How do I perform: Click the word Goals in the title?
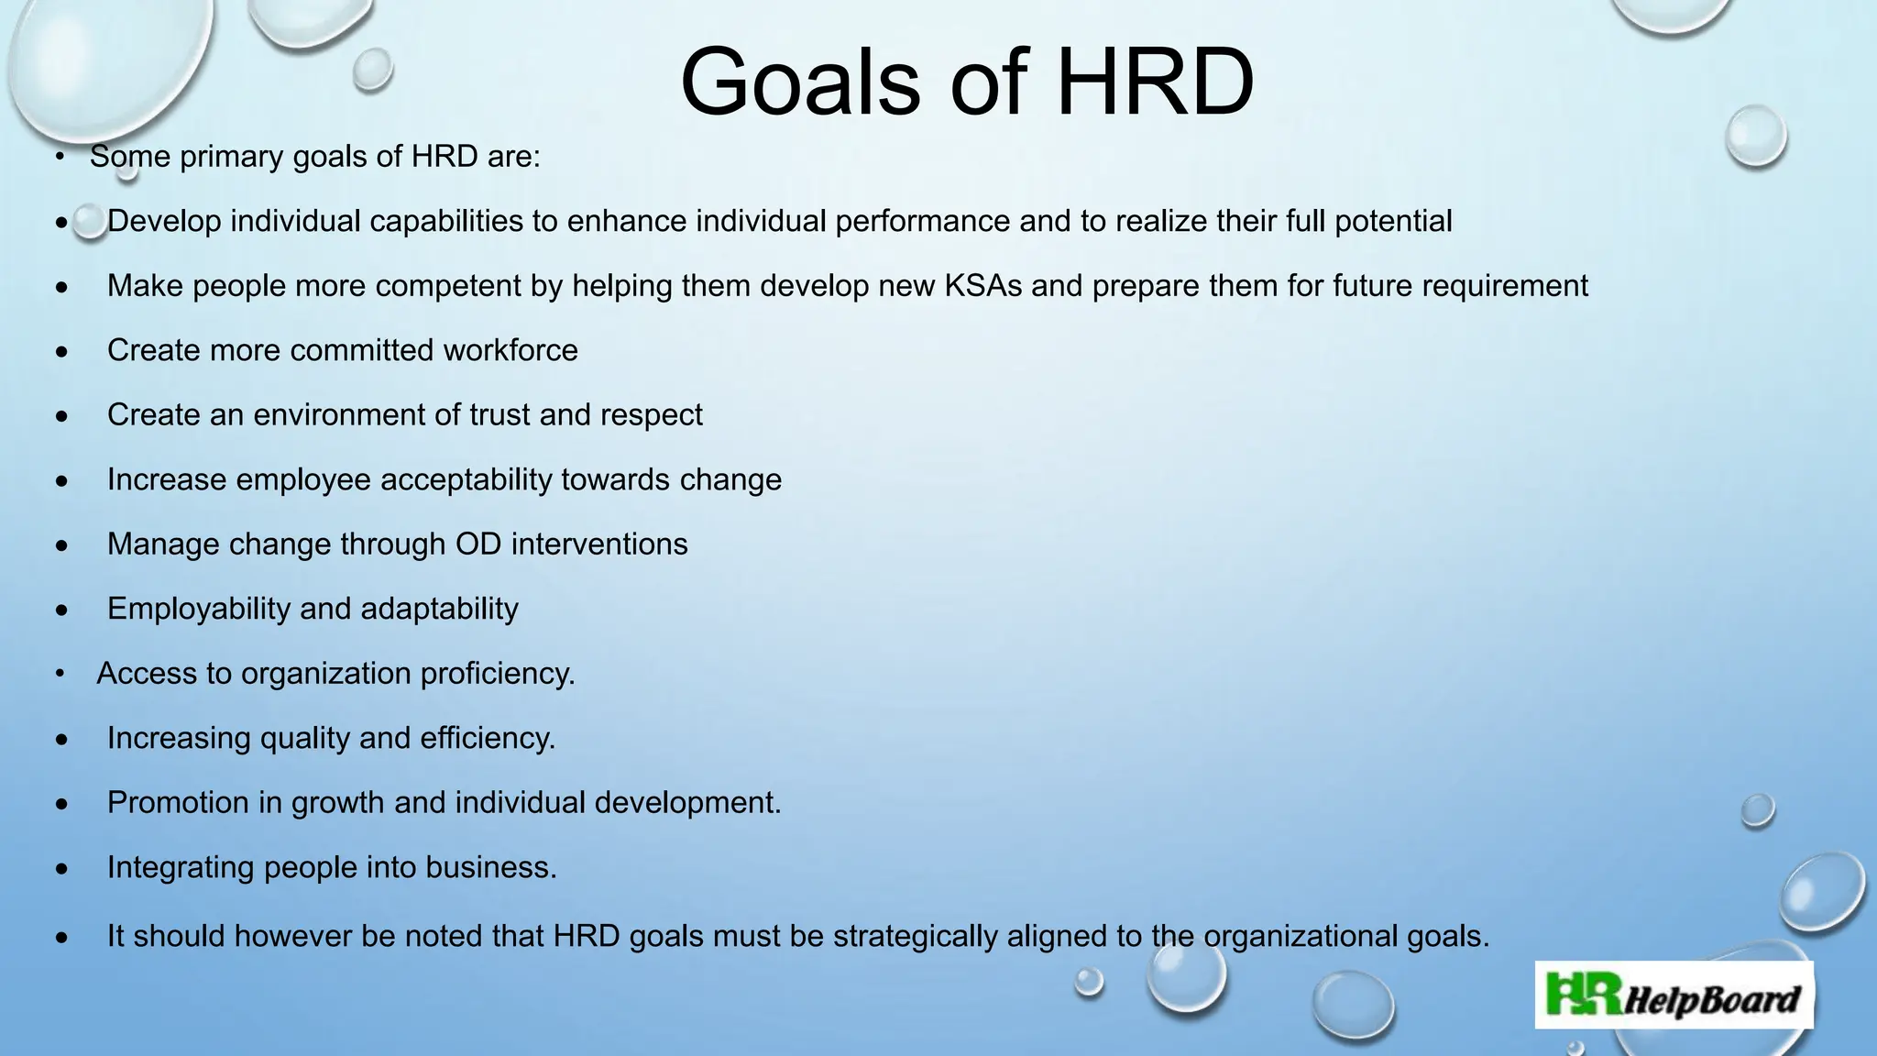[799, 82]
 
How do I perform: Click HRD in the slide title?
[1155, 82]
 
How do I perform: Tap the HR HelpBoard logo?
[1674, 995]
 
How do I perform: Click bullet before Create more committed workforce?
[61, 351]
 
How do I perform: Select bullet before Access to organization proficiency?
[60, 674]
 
